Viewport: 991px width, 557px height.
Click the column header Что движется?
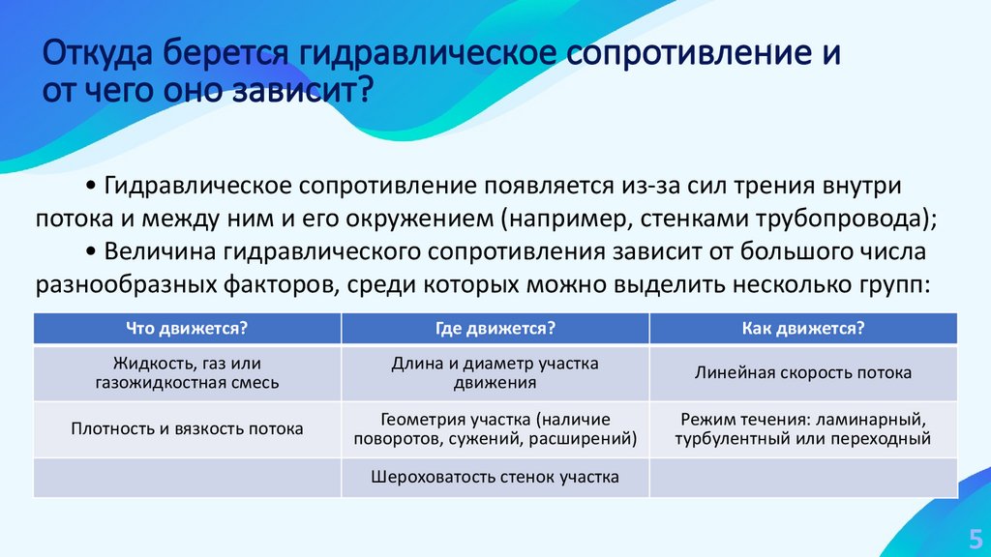[x=187, y=329]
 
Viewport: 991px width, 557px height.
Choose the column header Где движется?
[x=495, y=329]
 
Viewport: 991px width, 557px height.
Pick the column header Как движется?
[x=802, y=329]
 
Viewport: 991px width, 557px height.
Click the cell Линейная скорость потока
[x=802, y=372]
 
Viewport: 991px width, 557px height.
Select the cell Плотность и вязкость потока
[x=187, y=428]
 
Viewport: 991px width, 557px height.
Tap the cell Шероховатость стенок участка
[x=495, y=477]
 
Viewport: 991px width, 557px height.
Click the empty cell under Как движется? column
[x=802, y=477]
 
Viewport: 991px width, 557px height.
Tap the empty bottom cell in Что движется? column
[x=187, y=477]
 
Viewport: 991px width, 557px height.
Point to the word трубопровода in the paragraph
[x=855, y=217]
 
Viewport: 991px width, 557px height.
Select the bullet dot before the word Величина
[x=90, y=251]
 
